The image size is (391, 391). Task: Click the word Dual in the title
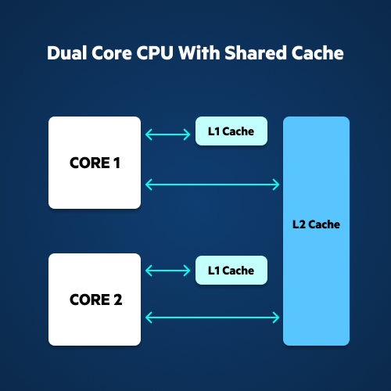(67, 53)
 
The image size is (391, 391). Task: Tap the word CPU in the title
(155, 53)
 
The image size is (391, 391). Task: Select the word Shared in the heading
(255, 53)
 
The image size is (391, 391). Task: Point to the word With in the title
(199, 53)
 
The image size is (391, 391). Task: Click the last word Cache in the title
(317, 53)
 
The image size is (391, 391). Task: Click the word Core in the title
(112, 53)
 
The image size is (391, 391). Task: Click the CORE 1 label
(95, 163)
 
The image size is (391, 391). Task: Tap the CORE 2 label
(95, 300)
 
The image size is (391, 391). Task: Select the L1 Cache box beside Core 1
(231, 131)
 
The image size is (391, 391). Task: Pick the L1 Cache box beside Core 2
(231, 271)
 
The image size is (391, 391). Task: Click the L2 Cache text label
(316, 224)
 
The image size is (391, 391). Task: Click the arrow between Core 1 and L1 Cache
(167, 135)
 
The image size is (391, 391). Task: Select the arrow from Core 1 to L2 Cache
(212, 185)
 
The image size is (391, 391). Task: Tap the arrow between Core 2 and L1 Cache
(167, 271)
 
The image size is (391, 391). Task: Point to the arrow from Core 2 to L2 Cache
(212, 317)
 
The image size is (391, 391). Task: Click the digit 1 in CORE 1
(117, 163)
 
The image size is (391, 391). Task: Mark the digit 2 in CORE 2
(118, 300)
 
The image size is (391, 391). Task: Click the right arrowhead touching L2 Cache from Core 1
(276, 185)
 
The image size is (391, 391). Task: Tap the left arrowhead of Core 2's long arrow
(149, 317)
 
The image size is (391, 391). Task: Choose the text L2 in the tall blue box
(299, 224)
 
